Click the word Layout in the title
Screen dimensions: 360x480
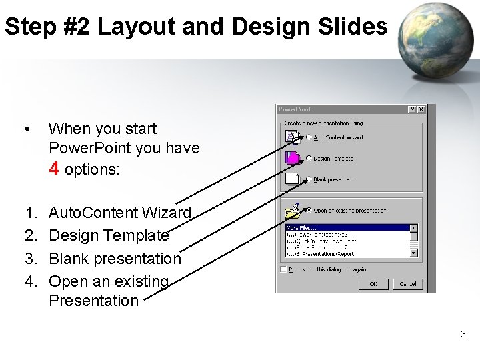(x=131, y=27)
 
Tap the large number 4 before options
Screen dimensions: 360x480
(x=55, y=168)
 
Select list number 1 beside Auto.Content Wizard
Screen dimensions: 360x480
(x=30, y=213)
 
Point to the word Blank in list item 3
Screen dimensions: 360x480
(x=69, y=258)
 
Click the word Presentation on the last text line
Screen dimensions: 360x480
(x=93, y=300)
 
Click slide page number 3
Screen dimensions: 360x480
(x=463, y=334)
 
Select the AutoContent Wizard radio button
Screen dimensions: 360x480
(x=309, y=137)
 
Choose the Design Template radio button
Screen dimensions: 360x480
(x=309, y=159)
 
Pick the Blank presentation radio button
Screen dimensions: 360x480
(x=309, y=179)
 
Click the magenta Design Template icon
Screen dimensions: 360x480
(x=292, y=158)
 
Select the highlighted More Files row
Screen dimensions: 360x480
(x=347, y=228)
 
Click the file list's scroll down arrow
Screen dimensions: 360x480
(x=414, y=253)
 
